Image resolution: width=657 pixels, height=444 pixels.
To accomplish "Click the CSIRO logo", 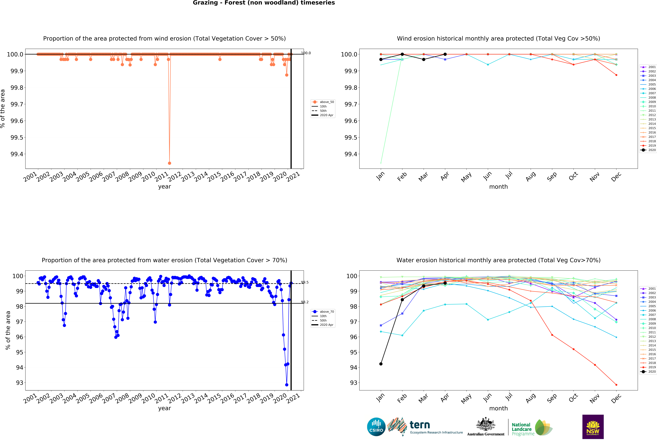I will pyautogui.click(x=376, y=427).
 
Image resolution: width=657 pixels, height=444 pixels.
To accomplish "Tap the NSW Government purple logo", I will pyautogui.click(x=593, y=427).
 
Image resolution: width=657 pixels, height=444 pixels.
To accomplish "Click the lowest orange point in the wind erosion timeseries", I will pyautogui.click(x=169, y=163).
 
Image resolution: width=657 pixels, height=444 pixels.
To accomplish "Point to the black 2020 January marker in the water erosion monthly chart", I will pyautogui.click(x=381, y=364).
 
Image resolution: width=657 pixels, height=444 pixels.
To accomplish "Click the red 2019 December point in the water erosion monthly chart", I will pyautogui.click(x=616, y=385).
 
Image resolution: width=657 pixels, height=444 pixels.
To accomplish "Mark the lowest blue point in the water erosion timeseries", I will pyautogui.click(x=287, y=385).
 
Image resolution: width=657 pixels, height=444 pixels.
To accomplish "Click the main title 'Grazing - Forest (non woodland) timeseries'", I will pyautogui.click(x=264, y=3).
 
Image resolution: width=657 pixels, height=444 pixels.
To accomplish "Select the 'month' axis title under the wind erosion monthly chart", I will pyautogui.click(x=498, y=187).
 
